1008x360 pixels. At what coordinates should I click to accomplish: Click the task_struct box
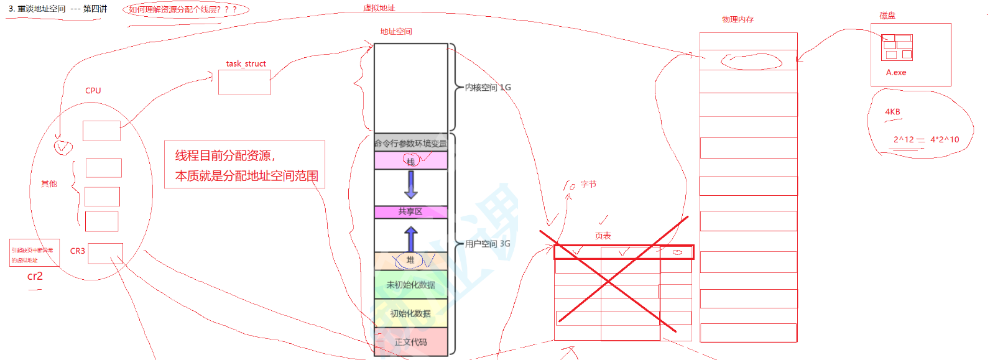coord(244,82)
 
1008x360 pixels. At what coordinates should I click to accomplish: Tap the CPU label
coord(93,91)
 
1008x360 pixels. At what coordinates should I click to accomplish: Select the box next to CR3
coord(105,253)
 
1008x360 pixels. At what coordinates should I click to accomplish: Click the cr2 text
coord(35,276)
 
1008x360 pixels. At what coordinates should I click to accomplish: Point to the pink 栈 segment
coord(410,161)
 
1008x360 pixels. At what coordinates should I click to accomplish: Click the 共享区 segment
coord(410,212)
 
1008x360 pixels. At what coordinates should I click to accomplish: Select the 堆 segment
coord(410,261)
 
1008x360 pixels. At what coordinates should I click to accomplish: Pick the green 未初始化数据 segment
coord(410,285)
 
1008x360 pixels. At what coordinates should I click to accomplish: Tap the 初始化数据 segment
coord(410,313)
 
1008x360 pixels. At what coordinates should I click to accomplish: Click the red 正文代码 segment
coord(410,342)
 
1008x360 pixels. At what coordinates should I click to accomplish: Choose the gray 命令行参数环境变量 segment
coord(410,143)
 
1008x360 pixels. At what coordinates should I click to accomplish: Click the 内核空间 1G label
coord(488,88)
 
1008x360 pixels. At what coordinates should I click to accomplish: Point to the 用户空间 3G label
coord(488,244)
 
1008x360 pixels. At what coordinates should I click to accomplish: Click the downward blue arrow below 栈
coord(411,184)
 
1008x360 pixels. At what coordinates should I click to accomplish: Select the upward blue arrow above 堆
coord(411,239)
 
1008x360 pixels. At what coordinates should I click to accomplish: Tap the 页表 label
coord(603,236)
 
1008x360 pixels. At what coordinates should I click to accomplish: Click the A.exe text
coord(896,73)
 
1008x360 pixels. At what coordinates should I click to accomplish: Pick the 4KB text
coord(892,112)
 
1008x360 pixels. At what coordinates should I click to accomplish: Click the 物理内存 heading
coord(738,20)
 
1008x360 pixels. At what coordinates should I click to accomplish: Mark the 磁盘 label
coord(887,16)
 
